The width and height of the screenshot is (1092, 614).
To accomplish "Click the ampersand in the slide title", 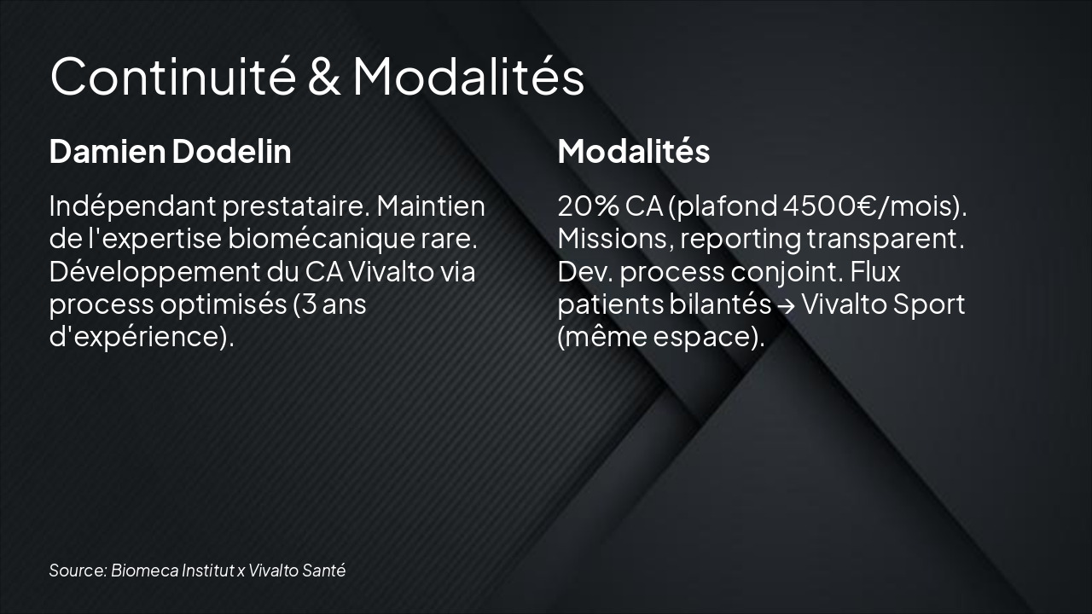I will coord(322,77).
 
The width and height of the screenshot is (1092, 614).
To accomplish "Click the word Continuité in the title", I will coord(171,77).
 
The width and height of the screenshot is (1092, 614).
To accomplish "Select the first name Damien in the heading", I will coord(107,151).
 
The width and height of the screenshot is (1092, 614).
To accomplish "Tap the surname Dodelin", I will coord(231,151).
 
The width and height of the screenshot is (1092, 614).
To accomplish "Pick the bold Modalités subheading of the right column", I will coord(633,151).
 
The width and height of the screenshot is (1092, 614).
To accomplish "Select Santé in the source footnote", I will coord(324,571).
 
